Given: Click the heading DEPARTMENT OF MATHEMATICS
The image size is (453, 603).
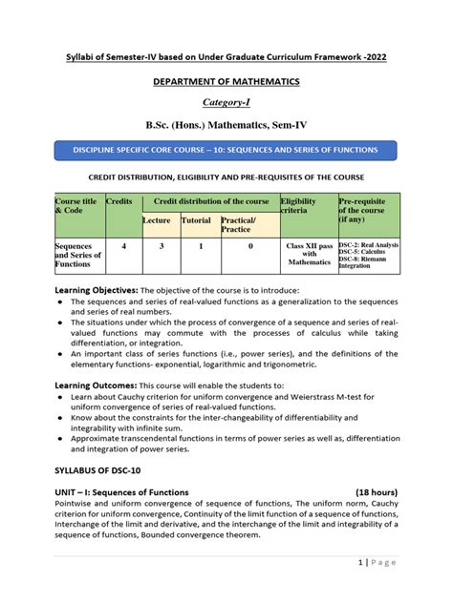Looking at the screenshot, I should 226,81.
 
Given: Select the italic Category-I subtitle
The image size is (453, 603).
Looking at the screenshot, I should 226,102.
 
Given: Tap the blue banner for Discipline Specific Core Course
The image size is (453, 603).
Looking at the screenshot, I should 226,149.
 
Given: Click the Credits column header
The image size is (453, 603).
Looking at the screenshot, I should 119,202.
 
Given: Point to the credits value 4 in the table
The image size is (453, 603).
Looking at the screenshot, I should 122,246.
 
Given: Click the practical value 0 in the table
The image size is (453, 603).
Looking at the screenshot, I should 250,246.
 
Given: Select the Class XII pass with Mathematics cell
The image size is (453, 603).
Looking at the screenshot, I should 308,254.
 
